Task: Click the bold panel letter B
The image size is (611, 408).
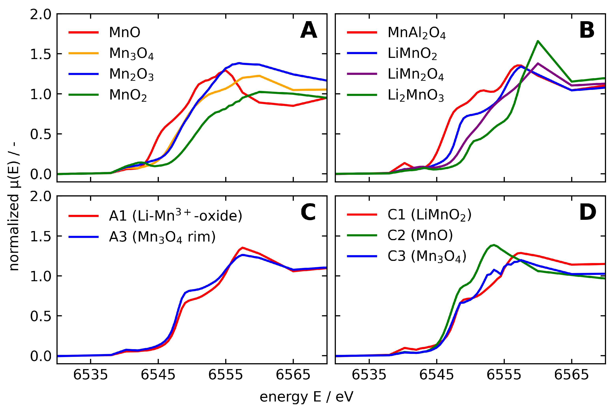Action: click(587, 30)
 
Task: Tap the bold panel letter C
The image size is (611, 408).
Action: click(308, 212)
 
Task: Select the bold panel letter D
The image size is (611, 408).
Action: click(587, 212)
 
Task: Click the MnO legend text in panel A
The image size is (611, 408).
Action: click(125, 33)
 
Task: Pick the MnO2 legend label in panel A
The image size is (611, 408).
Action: click(128, 95)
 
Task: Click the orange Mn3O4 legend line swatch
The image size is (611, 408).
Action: click(83, 53)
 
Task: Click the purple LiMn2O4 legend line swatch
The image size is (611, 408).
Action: click(362, 74)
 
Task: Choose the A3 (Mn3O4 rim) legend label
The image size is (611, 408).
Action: click(162, 237)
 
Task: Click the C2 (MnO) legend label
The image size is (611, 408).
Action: click(420, 235)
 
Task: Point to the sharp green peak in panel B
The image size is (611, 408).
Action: click(537, 41)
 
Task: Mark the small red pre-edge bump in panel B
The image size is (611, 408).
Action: click(405, 163)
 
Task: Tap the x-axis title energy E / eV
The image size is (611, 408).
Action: click(306, 397)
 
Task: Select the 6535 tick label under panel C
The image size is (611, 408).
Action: click(90, 375)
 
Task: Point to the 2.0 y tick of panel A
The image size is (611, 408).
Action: click(41, 15)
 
